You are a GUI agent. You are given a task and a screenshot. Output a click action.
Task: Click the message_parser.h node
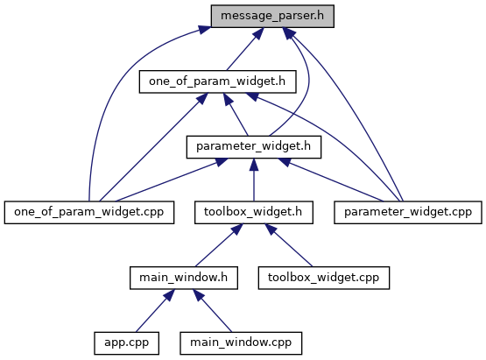[x=272, y=16]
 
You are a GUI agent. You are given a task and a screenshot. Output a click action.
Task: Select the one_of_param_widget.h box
[x=217, y=81]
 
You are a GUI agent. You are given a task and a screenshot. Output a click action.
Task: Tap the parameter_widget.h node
[x=254, y=147]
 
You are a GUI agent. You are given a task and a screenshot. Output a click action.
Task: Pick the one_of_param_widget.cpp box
[x=89, y=212]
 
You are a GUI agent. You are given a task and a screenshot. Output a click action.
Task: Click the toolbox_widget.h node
[x=254, y=212]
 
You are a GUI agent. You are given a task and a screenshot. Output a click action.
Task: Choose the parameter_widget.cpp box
[x=408, y=212]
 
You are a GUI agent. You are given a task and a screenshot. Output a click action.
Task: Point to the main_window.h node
[x=184, y=278]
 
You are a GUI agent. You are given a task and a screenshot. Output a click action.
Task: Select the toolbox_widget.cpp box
[x=324, y=278]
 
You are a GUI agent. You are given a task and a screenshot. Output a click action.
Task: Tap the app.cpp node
[x=127, y=343]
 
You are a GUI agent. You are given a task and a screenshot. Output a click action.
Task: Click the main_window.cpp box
[x=241, y=343]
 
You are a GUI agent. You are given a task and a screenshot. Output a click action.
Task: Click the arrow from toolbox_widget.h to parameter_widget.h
[x=254, y=180]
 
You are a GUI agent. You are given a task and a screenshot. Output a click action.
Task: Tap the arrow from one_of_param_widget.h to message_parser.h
[x=245, y=49]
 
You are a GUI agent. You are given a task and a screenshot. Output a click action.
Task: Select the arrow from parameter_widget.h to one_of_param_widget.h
[x=236, y=114]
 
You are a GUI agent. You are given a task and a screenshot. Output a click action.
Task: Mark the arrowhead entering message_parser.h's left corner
[x=205, y=30]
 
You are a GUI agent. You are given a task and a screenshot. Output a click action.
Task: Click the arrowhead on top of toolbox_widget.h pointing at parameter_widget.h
[x=254, y=165]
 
